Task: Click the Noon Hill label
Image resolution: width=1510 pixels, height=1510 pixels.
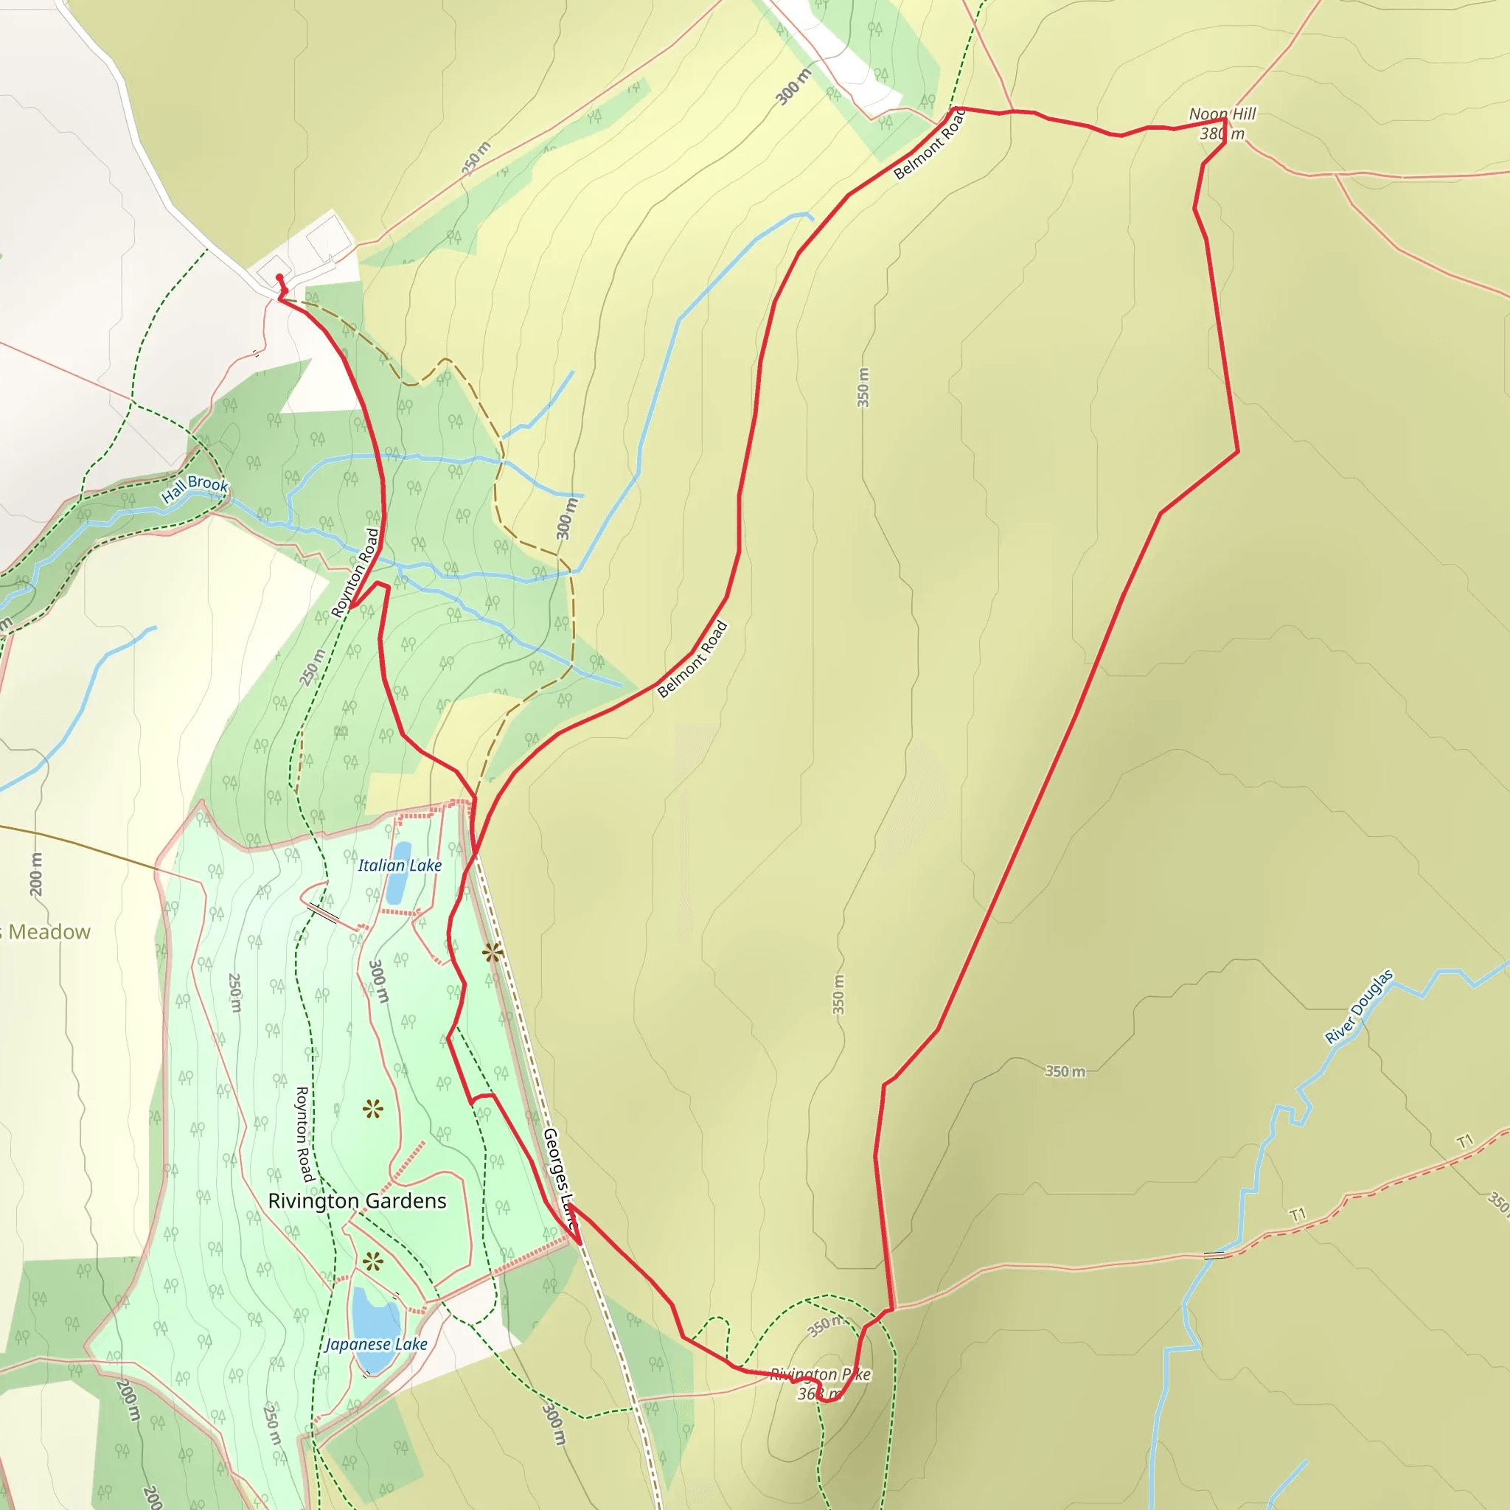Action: click(x=1222, y=114)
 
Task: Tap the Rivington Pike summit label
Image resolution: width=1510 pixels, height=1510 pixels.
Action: click(x=820, y=1374)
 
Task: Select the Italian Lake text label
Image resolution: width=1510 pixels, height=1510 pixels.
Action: click(x=400, y=865)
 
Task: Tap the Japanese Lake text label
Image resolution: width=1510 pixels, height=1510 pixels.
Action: click(x=376, y=1344)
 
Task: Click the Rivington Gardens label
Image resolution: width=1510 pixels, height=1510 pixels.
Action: click(x=357, y=1201)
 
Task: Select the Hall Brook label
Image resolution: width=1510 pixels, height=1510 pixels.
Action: click(x=195, y=490)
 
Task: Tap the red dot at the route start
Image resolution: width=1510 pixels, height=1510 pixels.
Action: click(x=279, y=277)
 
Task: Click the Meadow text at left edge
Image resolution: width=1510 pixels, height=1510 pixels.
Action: click(x=49, y=933)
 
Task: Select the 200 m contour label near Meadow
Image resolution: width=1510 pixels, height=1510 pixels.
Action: click(x=36, y=874)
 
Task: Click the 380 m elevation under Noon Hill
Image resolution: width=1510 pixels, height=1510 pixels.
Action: click(x=1222, y=134)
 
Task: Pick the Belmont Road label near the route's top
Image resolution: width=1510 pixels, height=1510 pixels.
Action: click(x=930, y=145)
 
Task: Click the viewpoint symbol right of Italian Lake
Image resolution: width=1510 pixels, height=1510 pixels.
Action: click(x=492, y=953)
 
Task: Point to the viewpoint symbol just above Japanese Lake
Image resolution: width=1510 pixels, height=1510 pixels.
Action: click(x=373, y=1262)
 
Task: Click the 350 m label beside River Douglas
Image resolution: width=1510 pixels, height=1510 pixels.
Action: click(x=1065, y=1071)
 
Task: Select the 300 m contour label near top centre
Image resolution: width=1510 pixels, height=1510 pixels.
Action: click(x=793, y=87)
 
